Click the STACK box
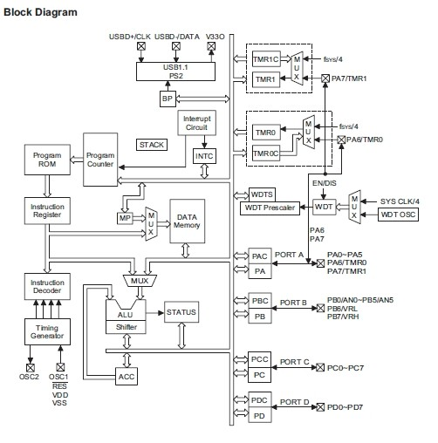152,145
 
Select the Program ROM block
47,160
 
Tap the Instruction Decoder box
47,286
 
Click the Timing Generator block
47,331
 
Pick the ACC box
127,377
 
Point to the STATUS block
181,312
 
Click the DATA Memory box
188,221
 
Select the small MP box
125,218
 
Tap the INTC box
204,156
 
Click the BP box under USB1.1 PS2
168,99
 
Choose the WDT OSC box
398,215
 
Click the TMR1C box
266,59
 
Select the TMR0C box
266,153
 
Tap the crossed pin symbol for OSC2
31,368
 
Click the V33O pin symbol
211,46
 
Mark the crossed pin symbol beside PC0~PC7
320,367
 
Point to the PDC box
260,400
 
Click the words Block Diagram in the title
40,12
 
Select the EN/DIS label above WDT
325,183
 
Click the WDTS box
262,194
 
